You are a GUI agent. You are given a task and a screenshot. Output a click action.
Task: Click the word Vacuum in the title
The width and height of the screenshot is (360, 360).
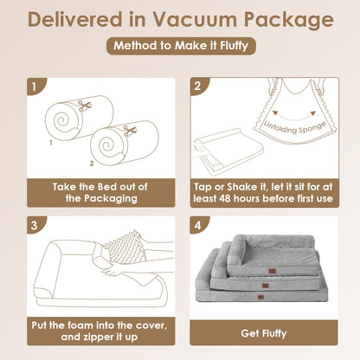tap(195, 20)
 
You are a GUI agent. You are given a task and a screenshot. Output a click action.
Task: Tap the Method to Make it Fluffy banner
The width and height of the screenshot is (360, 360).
tap(181, 46)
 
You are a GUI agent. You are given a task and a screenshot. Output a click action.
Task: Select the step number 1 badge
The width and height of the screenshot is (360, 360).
tap(35, 87)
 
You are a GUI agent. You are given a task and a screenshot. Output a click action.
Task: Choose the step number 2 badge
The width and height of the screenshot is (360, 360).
tap(198, 86)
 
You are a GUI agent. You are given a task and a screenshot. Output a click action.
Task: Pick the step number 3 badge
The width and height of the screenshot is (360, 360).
tap(35, 225)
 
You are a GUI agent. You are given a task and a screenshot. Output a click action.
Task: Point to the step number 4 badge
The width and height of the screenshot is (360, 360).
tap(197, 225)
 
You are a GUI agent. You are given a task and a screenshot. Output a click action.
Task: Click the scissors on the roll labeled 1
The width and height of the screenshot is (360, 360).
tap(85, 106)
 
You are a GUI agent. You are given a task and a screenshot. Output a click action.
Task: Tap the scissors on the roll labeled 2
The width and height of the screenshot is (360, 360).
tap(130, 131)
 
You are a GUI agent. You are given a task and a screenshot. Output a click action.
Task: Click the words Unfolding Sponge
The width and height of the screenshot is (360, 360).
tap(295, 127)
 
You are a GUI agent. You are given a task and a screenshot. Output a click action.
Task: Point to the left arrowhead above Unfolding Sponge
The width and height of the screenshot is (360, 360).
tap(275, 112)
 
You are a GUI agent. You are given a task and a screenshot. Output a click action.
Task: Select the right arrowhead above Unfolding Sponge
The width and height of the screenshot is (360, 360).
tap(312, 113)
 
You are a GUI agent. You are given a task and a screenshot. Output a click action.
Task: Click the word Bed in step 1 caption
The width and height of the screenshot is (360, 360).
tap(108, 187)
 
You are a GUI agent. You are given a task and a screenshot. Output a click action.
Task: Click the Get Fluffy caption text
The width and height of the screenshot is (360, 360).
tap(264, 333)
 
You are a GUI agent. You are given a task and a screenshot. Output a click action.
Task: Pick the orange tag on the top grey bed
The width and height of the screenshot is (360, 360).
tap(273, 271)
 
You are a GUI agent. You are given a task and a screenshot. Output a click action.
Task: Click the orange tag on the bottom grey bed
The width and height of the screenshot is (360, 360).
tap(261, 297)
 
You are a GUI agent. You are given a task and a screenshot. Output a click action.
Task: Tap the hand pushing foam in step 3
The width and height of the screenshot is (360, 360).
tap(114, 271)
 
